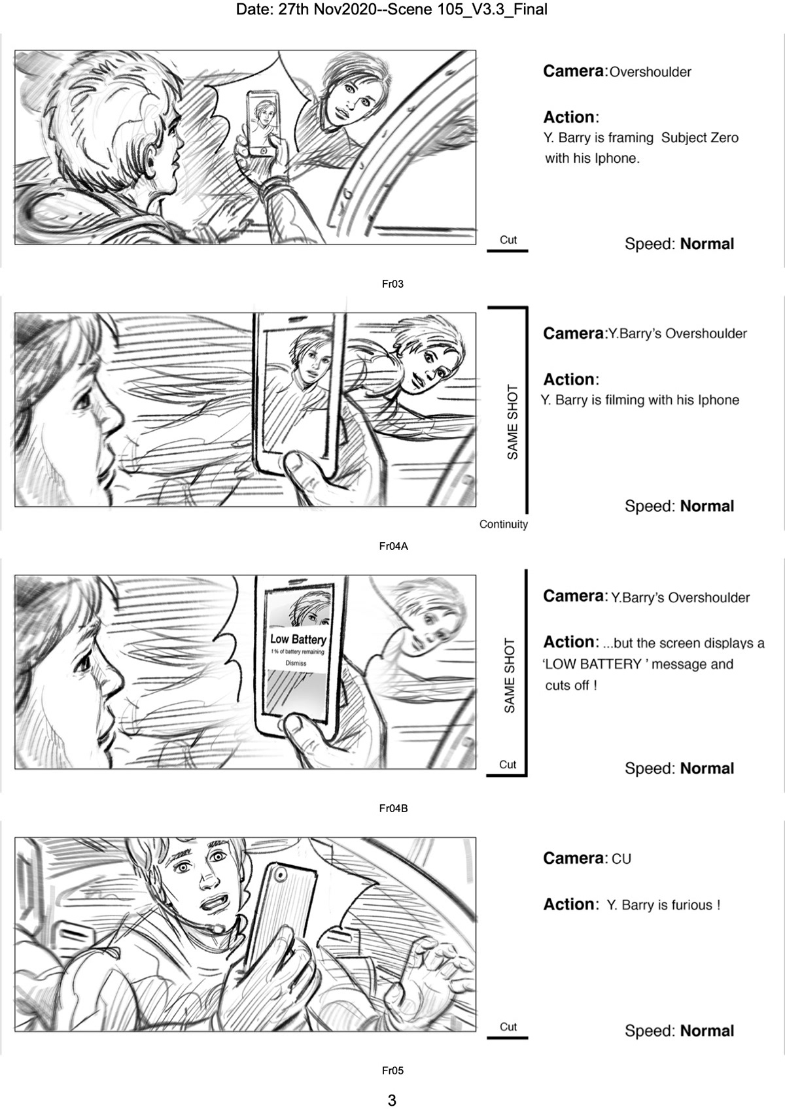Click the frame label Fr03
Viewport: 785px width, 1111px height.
392,284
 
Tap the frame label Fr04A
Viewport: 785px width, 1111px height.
393,547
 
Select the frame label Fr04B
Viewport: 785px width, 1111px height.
393,809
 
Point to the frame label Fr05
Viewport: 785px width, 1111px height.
392,1071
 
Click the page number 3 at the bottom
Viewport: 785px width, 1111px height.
392,1101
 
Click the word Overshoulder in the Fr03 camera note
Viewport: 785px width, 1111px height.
650,73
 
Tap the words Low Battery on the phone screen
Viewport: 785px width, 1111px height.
298,640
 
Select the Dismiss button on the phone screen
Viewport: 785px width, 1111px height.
296,663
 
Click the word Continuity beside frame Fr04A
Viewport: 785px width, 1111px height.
503,524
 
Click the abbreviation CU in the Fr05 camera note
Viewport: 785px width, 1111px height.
621,859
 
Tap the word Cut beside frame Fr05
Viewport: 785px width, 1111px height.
508,1027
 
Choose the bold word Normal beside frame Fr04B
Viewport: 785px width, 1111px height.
707,768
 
